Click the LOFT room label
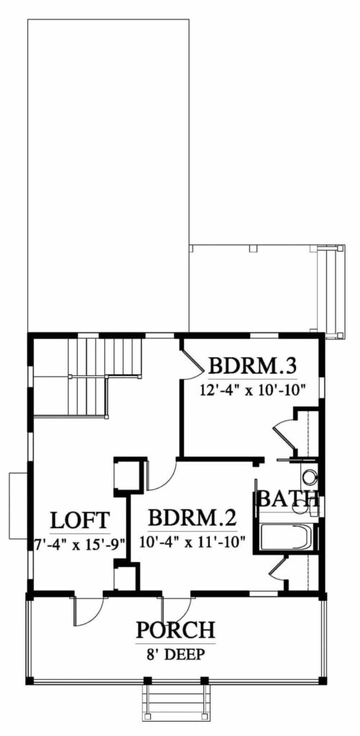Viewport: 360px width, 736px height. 80,520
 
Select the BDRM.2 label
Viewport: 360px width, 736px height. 192,518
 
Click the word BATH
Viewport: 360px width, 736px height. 287,498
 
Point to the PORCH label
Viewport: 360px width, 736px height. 175,631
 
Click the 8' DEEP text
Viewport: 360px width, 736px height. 175,654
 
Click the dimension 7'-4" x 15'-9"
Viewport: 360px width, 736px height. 79,543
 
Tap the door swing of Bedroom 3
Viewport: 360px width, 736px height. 191,359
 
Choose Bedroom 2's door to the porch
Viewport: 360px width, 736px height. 177,608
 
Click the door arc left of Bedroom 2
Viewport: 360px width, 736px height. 160,474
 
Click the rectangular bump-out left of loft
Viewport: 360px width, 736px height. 17,505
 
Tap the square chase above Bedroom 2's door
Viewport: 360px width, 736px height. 127,475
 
